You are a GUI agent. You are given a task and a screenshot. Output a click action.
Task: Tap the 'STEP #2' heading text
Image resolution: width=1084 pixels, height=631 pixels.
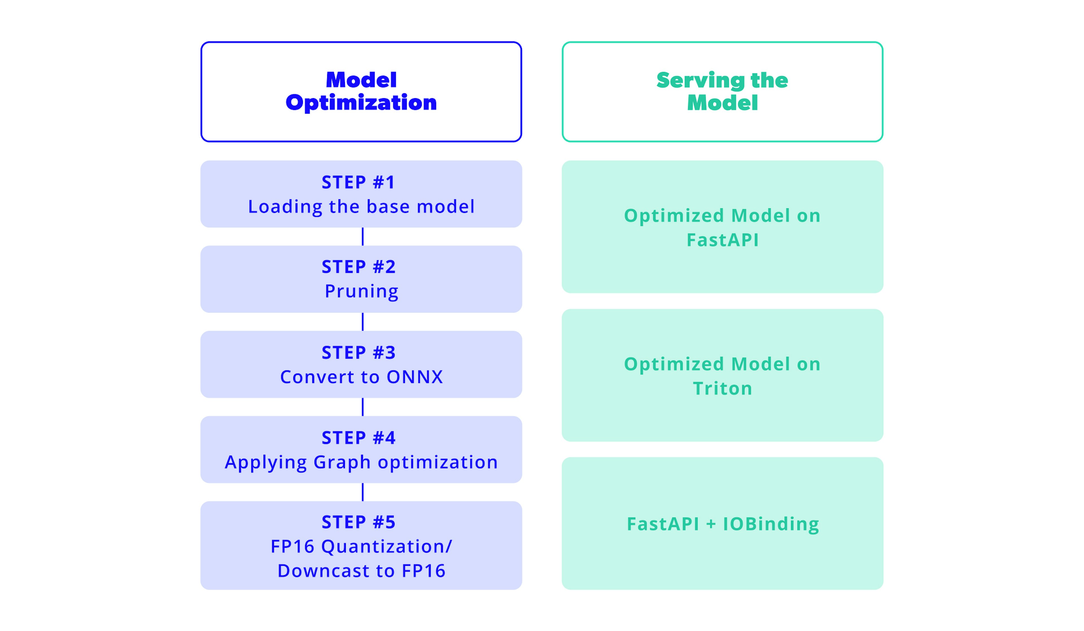click(358, 267)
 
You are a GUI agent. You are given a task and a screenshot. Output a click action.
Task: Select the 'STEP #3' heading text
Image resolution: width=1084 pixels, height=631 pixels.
click(358, 353)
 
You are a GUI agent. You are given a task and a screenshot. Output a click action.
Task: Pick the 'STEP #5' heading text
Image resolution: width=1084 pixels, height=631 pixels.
click(358, 522)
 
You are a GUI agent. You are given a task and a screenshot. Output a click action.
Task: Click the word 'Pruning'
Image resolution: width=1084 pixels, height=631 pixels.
click(361, 291)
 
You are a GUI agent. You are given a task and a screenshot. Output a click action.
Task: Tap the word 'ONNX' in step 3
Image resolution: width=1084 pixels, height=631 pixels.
click(415, 377)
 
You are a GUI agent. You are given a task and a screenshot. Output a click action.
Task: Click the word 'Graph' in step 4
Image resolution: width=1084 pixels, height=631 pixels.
click(342, 462)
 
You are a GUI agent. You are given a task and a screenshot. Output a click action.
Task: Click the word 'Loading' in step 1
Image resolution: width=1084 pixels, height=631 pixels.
click(285, 207)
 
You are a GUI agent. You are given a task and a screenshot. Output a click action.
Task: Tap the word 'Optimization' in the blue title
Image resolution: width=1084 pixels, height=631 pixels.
click(361, 103)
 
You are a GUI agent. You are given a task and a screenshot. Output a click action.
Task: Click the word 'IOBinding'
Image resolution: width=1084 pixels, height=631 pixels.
click(771, 524)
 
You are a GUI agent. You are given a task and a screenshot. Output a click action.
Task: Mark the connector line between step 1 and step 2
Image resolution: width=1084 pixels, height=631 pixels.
click(363, 236)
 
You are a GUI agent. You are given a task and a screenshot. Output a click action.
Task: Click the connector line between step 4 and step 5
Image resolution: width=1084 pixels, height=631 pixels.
click(363, 492)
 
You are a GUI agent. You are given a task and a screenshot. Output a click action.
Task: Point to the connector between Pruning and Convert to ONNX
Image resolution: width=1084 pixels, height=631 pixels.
click(363, 322)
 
